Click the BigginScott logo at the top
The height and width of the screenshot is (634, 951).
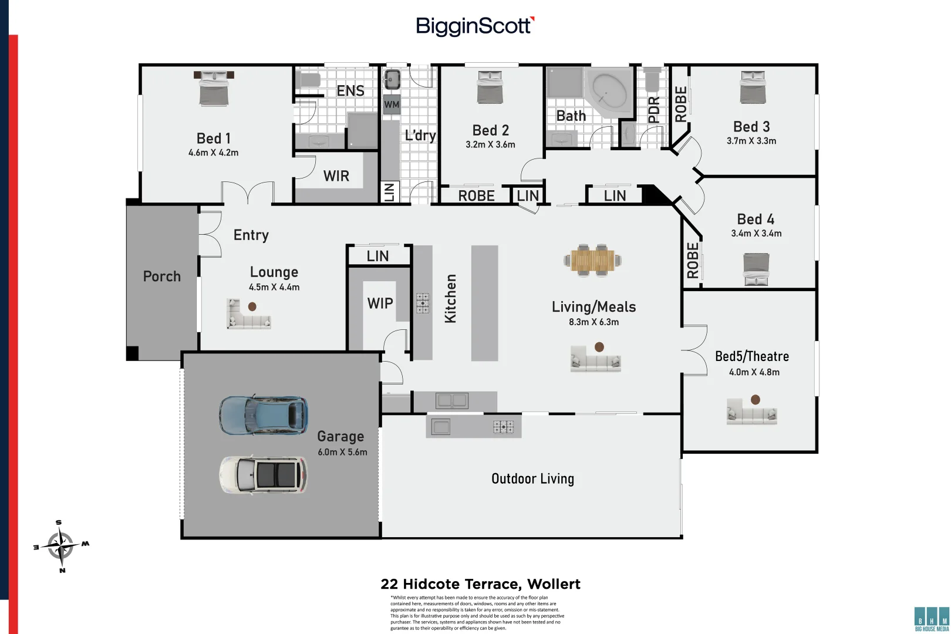[474, 26]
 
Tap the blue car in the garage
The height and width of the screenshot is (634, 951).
[264, 414]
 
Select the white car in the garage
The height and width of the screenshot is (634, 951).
[264, 474]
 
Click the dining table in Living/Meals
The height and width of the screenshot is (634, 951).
[592, 259]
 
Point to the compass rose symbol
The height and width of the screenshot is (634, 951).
[60, 546]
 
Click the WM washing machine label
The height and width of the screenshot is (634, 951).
[392, 105]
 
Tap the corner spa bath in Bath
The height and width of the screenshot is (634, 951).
[609, 93]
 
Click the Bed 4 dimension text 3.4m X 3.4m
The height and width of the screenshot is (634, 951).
[756, 234]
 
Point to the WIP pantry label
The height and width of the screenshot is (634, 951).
[380, 303]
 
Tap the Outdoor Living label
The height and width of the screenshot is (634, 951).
[532, 479]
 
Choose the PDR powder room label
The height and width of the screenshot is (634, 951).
[654, 110]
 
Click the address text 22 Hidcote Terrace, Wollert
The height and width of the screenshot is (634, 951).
[480, 584]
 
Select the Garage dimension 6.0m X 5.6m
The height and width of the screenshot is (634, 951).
[342, 452]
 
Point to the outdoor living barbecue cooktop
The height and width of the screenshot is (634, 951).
[503, 427]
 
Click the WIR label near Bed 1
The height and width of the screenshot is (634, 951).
[336, 176]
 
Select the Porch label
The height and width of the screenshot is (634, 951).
[161, 276]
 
